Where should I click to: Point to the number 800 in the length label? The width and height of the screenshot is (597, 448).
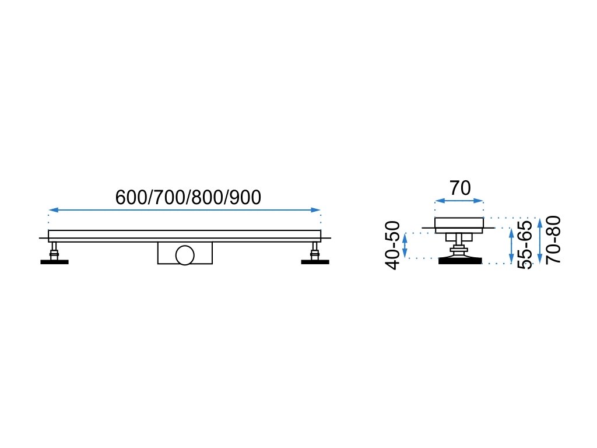206,198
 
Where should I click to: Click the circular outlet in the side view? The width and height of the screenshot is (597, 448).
185,255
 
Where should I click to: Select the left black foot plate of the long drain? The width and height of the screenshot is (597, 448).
54,262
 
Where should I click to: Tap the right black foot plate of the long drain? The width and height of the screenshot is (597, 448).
315,262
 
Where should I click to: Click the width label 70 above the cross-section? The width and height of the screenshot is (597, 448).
460,188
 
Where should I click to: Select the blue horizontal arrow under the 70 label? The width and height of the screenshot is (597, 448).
459,201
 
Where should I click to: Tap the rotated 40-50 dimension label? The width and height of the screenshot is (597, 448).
394,245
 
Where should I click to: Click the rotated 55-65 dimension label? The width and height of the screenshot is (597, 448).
525,245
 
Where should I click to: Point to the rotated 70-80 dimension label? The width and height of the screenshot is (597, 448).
553,240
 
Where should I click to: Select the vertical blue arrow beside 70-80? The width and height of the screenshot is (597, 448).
540,240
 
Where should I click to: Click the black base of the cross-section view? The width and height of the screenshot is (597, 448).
461,260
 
